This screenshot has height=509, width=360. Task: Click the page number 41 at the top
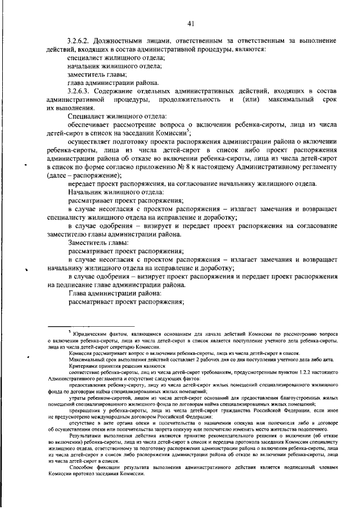(191, 23)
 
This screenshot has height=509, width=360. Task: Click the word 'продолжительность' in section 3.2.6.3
(192, 100)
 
